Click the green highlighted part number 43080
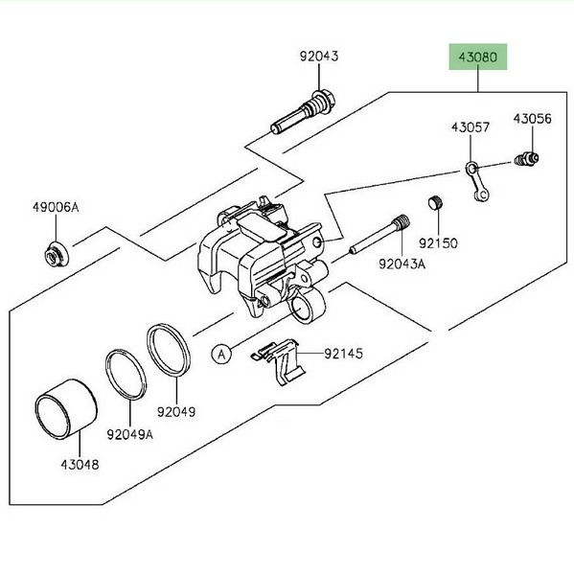click(x=478, y=57)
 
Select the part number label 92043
click(x=319, y=57)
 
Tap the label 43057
click(x=471, y=127)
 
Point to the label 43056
click(x=532, y=119)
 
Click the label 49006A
click(x=56, y=207)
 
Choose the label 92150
click(x=438, y=243)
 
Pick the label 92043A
click(x=402, y=264)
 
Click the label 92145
click(x=343, y=354)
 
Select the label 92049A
click(x=129, y=434)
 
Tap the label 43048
click(x=80, y=465)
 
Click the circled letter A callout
click(x=221, y=355)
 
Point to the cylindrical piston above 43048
click(x=66, y=409)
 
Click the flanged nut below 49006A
click(x=56, y=254)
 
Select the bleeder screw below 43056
click(x=526, y=159)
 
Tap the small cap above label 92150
click(x=435, y=203)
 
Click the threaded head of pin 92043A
click(x=401, y=222)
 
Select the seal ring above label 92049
click(x=169, y=350)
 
